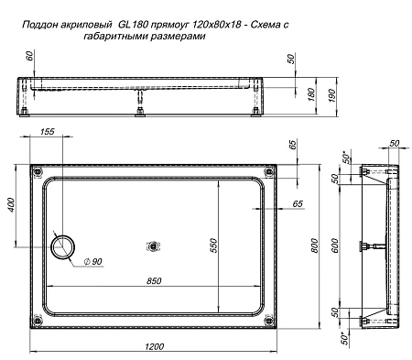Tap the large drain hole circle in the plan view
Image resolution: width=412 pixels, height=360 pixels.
[x=66, y=245]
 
